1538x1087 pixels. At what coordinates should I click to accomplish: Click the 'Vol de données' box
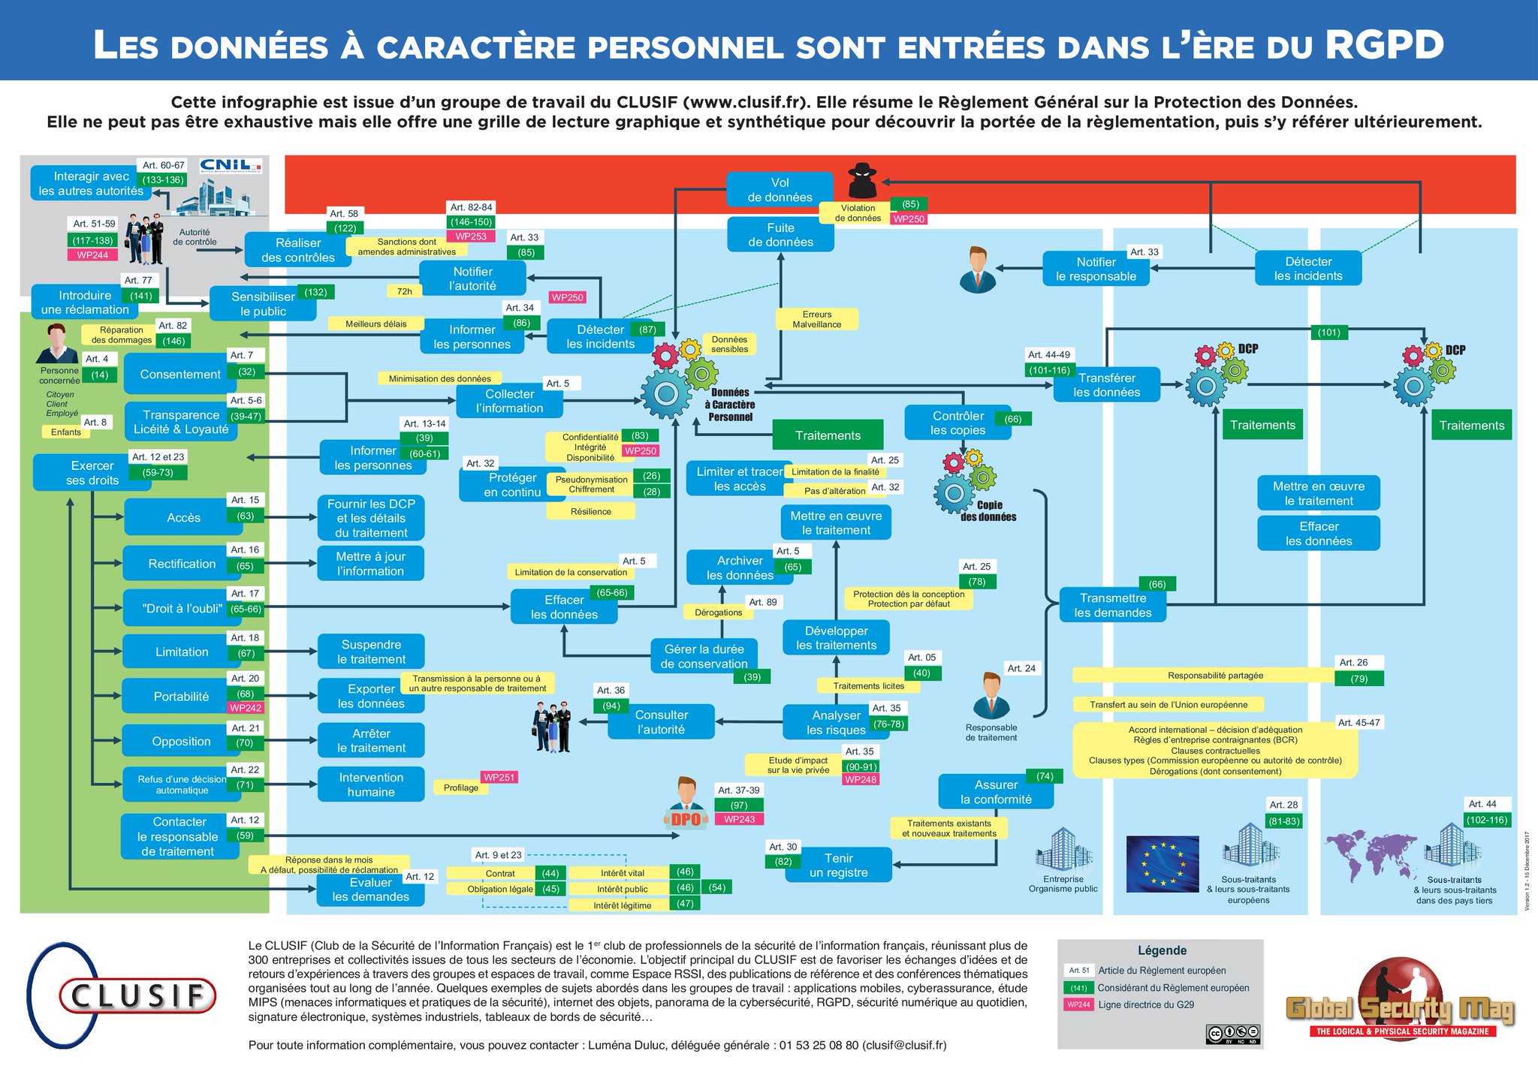[780, 189]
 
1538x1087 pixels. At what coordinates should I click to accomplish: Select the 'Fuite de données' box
[780, 234]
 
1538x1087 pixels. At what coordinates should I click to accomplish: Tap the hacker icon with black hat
[862, 181]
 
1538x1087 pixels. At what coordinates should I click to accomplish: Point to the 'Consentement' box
[180, 374]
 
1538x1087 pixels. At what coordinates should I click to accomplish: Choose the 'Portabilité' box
[181, 697]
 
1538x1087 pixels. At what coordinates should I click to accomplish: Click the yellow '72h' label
[404, 291]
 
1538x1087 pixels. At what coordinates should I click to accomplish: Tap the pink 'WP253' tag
[471, 236]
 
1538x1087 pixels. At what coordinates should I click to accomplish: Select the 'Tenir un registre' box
[838, 865]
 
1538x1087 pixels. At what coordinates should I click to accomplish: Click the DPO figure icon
[686, 803]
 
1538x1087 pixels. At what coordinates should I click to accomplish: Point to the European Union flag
[1163, 863]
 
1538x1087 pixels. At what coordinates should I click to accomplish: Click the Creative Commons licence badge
[1232, 1034]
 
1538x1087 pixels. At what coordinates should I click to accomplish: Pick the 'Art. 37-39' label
[738, 790]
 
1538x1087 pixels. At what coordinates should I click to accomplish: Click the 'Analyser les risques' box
[836, 722]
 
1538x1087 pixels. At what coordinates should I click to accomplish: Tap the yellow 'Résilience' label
[590, 511]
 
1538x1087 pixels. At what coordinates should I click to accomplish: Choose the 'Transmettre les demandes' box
[1112, 605]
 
